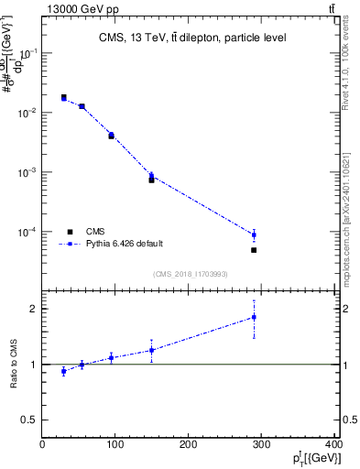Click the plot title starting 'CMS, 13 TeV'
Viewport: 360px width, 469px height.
(192, 38)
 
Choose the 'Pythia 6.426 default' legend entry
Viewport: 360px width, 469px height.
(125, 245)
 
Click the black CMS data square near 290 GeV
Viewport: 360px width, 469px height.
(254, 250)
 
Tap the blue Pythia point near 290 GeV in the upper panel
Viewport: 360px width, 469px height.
(254, 234)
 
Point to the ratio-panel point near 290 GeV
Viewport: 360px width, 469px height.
(254, 317)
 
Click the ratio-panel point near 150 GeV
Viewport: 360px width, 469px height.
(151, 350)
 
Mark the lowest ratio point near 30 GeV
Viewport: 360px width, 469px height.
(63, 371)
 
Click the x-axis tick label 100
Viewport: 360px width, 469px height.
(115, 445)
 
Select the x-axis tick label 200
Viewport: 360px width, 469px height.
(189, 445)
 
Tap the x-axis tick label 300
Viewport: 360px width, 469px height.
(262, 445)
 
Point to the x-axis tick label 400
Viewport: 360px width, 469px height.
(333, 445)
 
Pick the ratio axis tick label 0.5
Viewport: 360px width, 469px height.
(27, 420)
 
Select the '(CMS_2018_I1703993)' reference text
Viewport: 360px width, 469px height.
(190, 273)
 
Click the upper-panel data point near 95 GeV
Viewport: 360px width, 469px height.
(111, 135)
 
